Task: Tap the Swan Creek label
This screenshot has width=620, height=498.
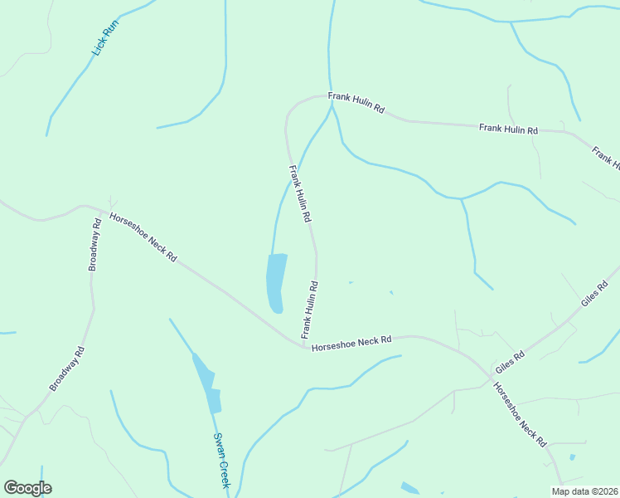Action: pyautogui.click(x=221, y=460)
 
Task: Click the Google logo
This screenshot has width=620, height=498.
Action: pyautogui.click(x=27, y=488)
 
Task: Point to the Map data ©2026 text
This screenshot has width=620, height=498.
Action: pyautogui.click(x=585, y=491)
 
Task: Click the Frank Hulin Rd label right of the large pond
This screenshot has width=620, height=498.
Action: pyautogui.click(x=309, y=309)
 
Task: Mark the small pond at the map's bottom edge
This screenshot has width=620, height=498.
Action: pyautogui.click(x=410, y=489)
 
